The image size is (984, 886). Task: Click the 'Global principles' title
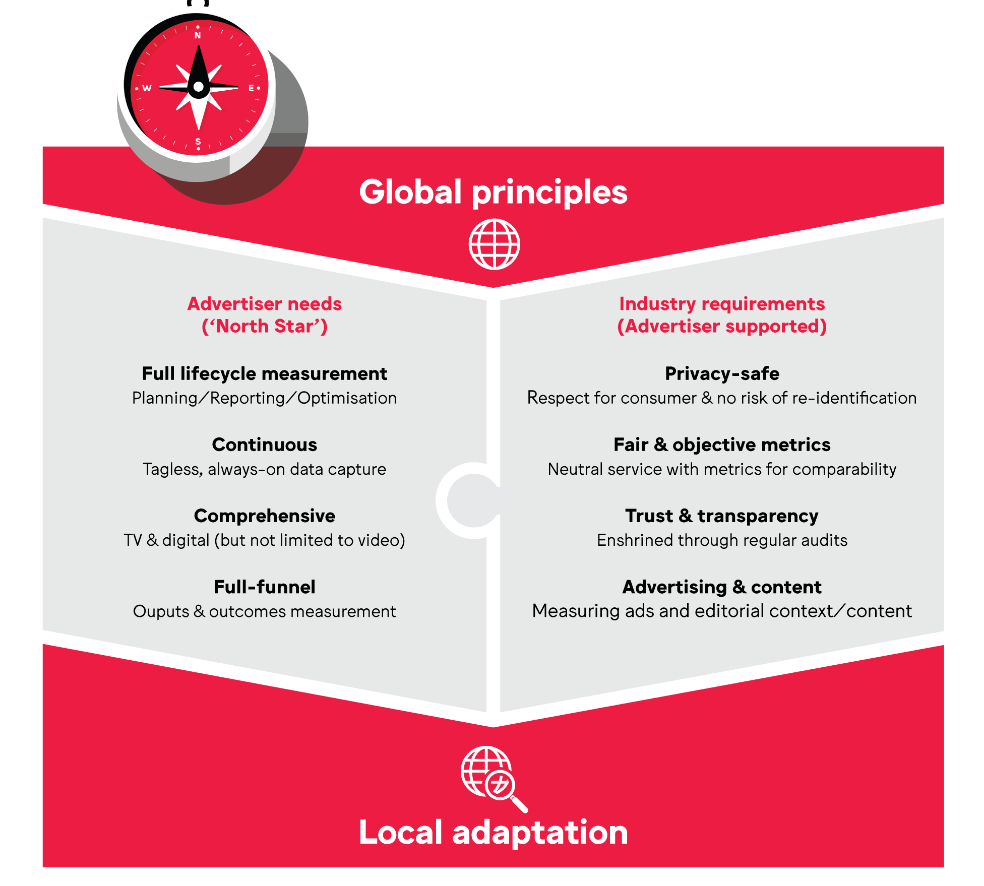pos(493,193)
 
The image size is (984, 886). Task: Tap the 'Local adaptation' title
pos(493,832)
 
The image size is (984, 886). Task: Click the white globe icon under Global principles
pos(495,244)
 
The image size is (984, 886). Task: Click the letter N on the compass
pos(198,35)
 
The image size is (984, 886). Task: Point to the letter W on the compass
pos(147,88)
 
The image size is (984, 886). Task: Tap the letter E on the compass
pos(251,88)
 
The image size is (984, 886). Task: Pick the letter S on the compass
pos(198,141)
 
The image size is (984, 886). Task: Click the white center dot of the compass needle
pos(199,87)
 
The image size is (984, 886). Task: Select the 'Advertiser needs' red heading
pos(265,304)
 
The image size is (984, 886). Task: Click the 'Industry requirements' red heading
pos(722,304)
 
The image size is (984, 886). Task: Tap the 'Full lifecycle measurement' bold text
pos(265,374)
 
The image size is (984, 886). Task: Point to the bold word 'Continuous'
pos(265,445)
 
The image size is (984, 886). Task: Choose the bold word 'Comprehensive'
pos(265,516)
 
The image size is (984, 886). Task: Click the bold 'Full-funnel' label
pos(265,587)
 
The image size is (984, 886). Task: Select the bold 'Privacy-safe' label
pos(722,374)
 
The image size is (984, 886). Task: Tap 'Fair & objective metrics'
pos(722,445)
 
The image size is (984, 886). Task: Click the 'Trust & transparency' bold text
pos(722,516)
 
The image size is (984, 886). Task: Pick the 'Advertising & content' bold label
pos(722,587)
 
